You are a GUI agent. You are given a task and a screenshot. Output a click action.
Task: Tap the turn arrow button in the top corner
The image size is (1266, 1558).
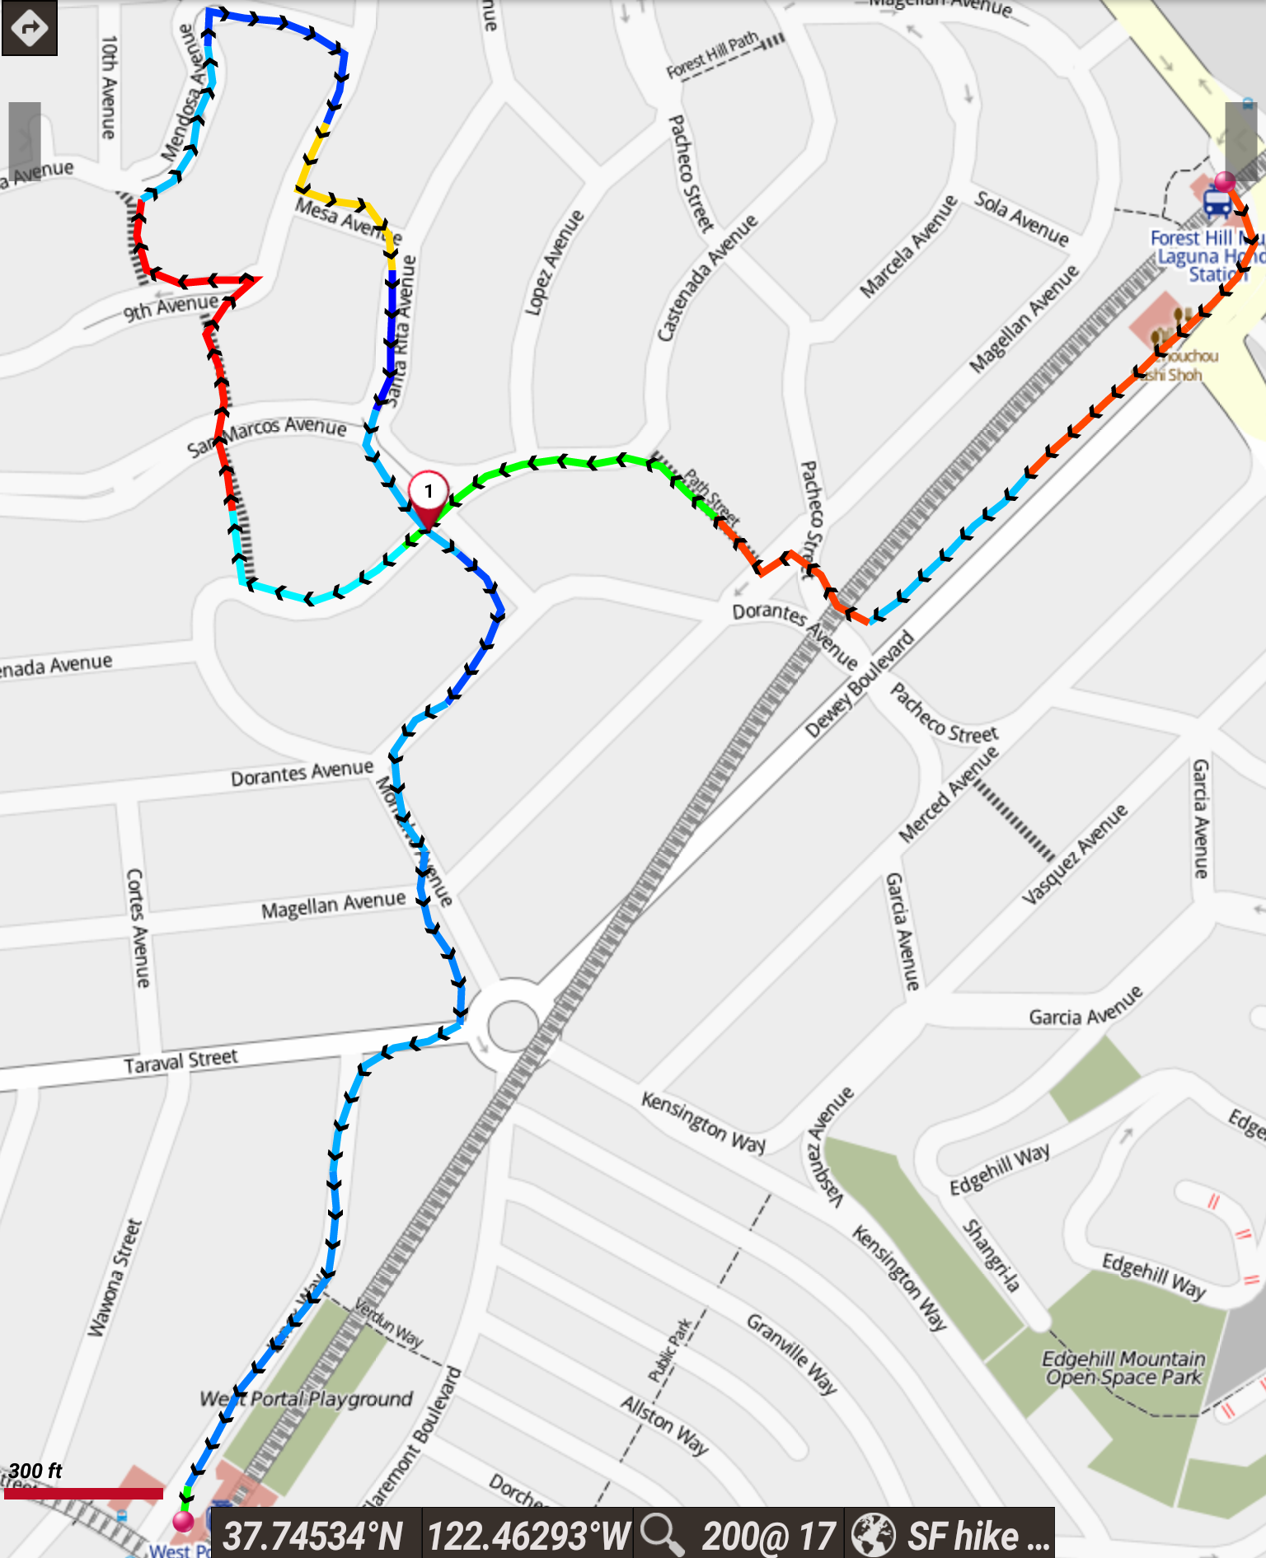pyautogui.click(x=30, y=28)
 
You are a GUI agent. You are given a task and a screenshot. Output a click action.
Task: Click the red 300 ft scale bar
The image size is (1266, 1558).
pyautogui.click(x=83, y=1493)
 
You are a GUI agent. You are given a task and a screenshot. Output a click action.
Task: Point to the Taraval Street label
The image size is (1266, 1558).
pyautogui.click(x=181, y=1061)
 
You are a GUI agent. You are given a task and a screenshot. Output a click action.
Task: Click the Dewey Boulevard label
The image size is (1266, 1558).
pyautogui.click(x=860, y=684)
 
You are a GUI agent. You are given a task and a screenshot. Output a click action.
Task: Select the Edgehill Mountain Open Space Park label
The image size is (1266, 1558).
pyautogui.click(x=1124, y=1368)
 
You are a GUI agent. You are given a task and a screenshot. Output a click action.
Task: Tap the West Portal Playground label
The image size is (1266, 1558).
pyautogui.click(x=306, y=1399)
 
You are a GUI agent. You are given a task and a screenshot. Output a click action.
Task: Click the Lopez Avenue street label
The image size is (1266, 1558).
pyautogui.click(x=555, y=262)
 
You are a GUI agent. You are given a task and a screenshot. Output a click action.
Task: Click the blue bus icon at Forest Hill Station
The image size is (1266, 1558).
pyautogui.click(x=1217, y=203)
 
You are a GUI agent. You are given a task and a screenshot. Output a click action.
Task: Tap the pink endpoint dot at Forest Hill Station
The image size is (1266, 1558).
pyautogui.click(x=1226, y=181)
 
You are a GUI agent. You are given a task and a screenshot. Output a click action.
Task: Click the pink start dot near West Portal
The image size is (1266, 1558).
pyautogui.click(x=183, y=1521)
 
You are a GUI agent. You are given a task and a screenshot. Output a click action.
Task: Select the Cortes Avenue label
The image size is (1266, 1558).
pyautogui.click(x=138, y=928)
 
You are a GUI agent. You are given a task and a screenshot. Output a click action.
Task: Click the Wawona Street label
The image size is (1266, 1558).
pyautogui.click(x=115, y=1278)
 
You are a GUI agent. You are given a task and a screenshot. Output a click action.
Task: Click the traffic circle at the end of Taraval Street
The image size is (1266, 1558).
pyautogui.click(x=513, y=1026)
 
